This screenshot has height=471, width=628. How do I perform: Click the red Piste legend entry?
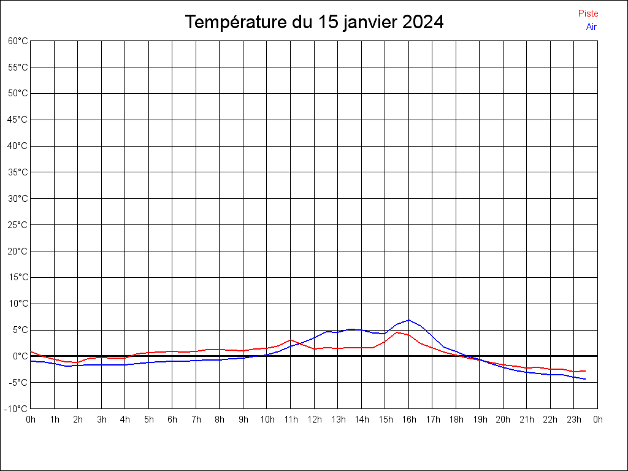pos(588,13)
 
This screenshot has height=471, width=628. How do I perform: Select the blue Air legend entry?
pos(591,27)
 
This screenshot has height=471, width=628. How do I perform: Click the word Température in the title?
pos(236,22)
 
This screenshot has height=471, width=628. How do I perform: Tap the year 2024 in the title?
pos(423,22)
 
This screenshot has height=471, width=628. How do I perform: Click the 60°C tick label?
pos(18,41)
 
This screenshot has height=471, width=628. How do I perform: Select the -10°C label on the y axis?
pos(17,408)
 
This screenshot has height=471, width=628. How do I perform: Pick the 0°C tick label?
pos(20,356)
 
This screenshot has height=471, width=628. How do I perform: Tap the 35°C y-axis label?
pos(18,172)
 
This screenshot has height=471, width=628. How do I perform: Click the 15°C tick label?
pos(18,277)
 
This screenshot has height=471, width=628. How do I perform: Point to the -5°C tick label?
pos(18,382)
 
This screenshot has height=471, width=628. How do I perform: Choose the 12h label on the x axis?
pos(314,419)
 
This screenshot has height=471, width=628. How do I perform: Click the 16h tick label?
pos(409,419)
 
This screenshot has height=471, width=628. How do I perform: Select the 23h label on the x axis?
pos(574,419)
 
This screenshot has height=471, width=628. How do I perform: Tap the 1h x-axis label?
pos(55,419)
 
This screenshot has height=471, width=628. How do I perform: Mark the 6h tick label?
pos(172,419)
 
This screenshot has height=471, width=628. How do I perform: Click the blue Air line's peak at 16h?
pos(409,320)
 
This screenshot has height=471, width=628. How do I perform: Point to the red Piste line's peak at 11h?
pos(291,340)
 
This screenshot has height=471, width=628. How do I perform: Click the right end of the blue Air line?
pos(585,379)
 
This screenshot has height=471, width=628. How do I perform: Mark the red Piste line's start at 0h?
pos(31,351)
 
